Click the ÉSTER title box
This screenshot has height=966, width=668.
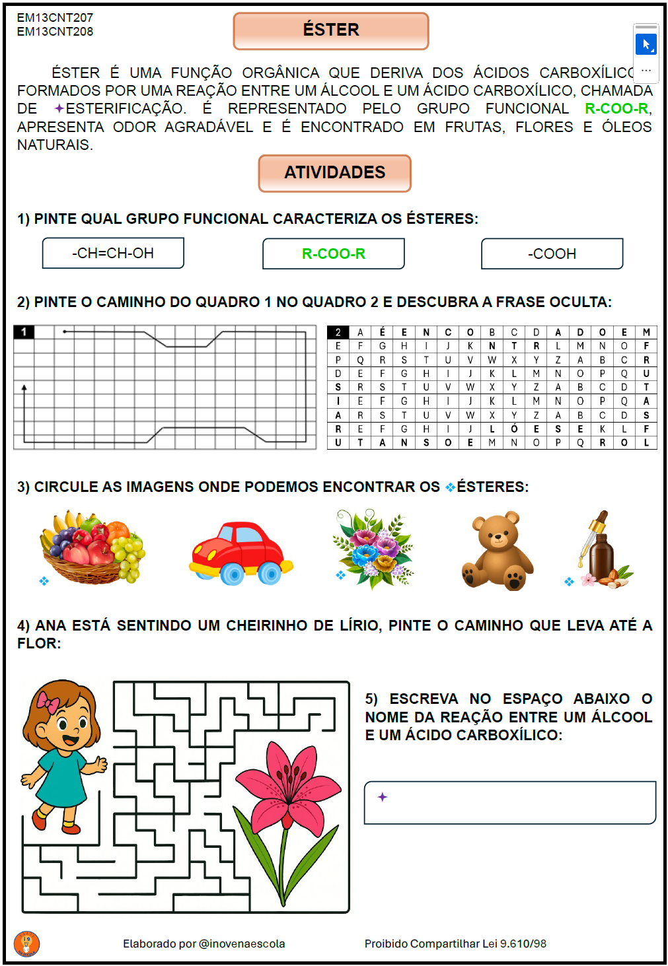(x=330, y=30)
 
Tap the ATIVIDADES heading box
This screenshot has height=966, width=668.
(x=334, y=173)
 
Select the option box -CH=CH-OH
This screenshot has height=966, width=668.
(x=113, y=254)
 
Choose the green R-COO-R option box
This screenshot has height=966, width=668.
(x=333, y=254)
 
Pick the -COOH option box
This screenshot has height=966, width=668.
(x=552, y=254)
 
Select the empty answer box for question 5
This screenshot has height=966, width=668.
(x=509, y=802)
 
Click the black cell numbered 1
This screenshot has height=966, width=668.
(x=24, y=331)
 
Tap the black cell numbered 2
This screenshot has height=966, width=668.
(x=338, y=332)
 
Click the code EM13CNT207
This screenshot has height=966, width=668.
(x=55, y=18)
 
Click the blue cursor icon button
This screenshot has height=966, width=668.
(x=646, y=45)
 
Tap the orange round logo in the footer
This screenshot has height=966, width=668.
(x=26, y=943)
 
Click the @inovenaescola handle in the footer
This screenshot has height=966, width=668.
(x=242, y=944)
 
